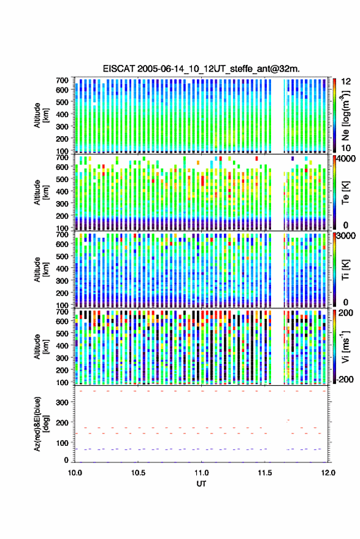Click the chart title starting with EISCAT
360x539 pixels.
tap(201, 69)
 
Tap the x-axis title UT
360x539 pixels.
tap(201, 484)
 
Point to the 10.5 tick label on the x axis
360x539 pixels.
tap(138, 473)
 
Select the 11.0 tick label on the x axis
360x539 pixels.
tap(201, 473)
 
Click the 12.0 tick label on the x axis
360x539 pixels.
tap(328, 473)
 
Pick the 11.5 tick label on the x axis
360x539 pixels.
tap(264, 473)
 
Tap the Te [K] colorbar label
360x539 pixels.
tap(345, 193)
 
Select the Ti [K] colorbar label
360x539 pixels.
tap(345, 270)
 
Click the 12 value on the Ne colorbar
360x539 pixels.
tap(346, 82)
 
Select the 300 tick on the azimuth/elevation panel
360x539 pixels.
tap(62, 402)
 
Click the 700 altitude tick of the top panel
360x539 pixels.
tap(62, 80)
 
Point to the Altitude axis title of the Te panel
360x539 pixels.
tap(41, 193)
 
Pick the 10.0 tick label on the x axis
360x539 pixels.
tap(75, 473)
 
